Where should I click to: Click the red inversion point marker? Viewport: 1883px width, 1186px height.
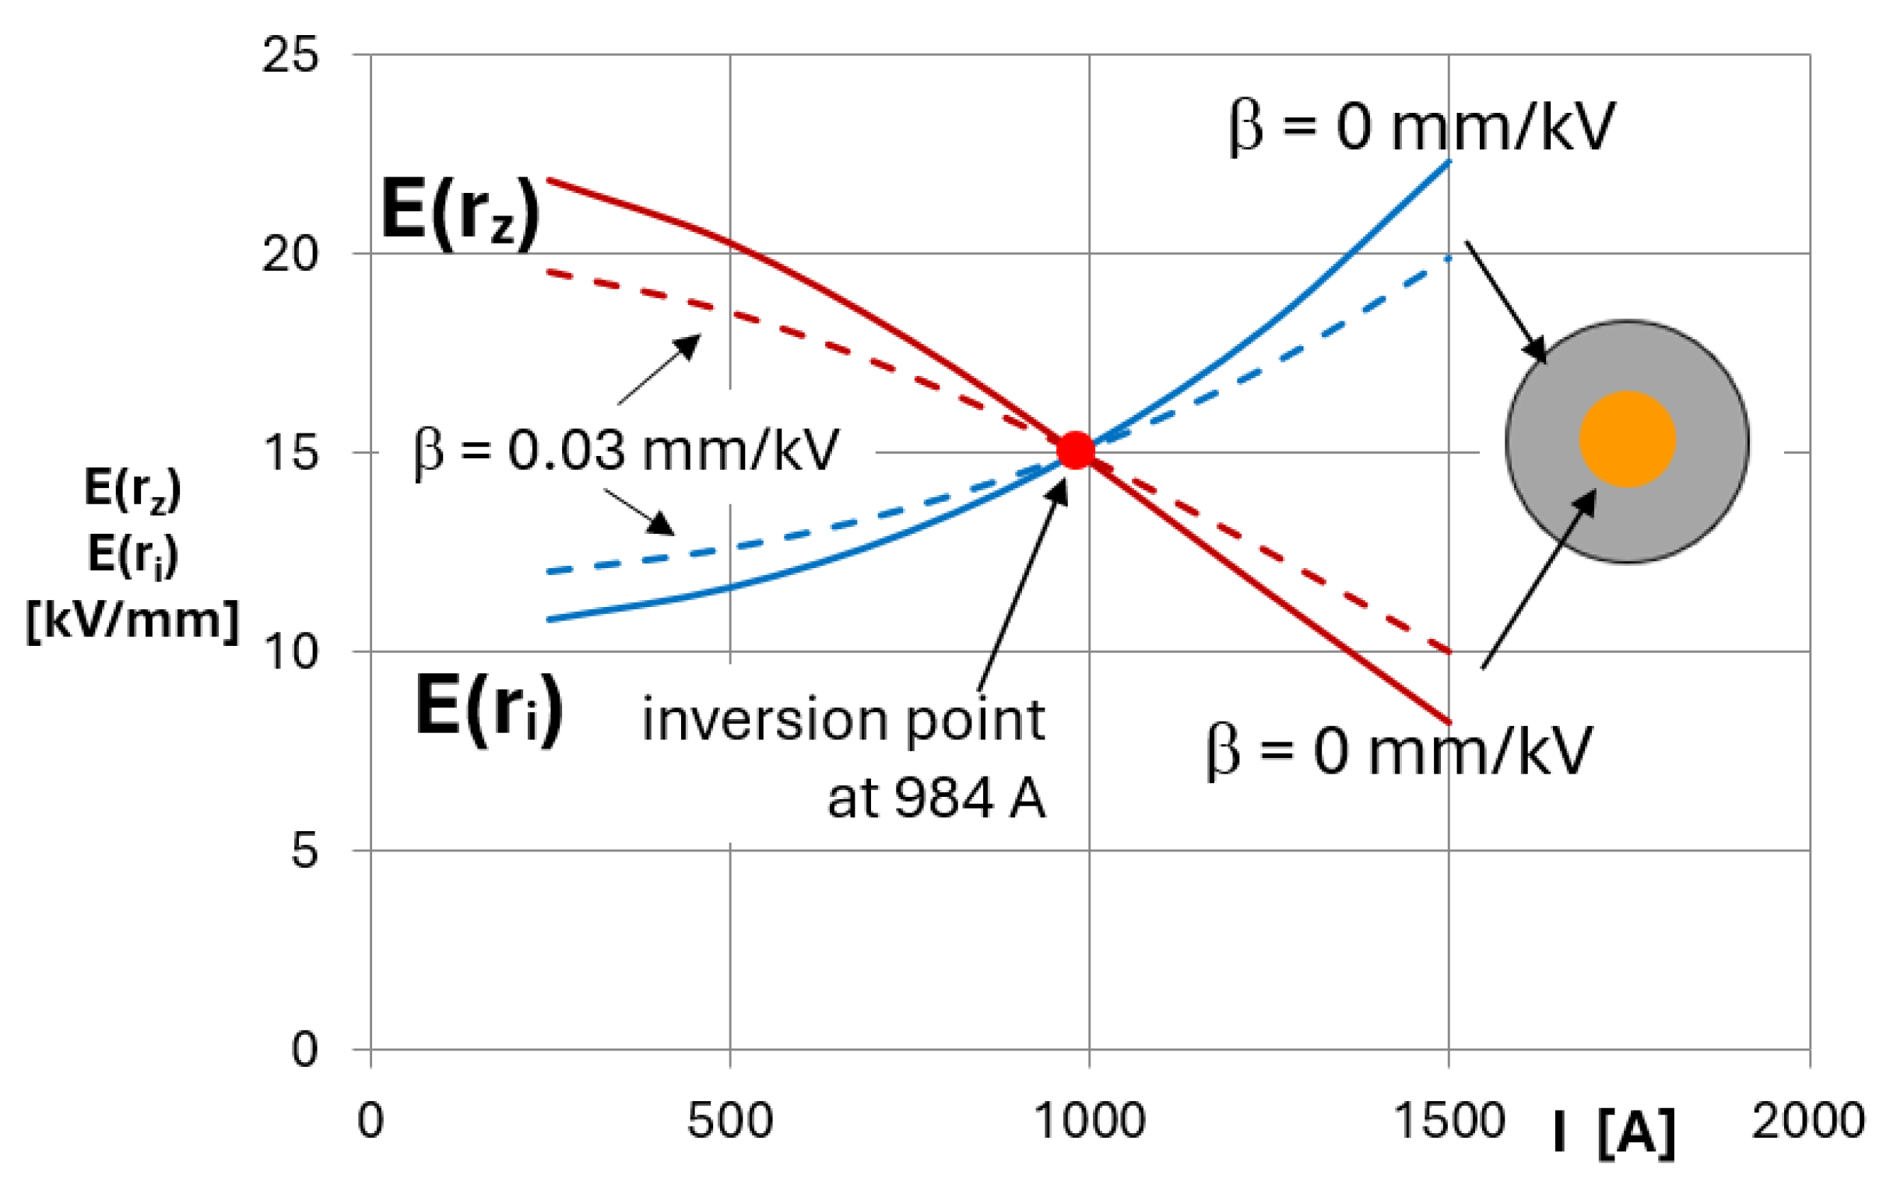[x=1075, y=451]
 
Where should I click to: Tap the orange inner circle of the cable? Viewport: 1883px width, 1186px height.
[x=1628, y=440]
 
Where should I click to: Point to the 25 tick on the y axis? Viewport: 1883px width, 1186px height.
[x=290, y=55]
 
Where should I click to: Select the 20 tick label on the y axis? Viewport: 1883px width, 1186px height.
[x=290, y=254]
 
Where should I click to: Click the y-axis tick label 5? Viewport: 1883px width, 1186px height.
[x=305, y=850]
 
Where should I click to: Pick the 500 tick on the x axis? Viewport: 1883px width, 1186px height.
[x=729, y=1121]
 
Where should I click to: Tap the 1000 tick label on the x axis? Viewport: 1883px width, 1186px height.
[x=1090, y=1121]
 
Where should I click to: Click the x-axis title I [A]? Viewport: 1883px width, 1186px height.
[x=1614, y=1132]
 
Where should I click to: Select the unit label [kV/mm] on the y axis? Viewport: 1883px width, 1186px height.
[x=132, y=622]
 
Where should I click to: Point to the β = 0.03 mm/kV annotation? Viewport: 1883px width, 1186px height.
[x=627, y=451]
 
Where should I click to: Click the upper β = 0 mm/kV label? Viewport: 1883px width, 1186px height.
[x=1421, y=127]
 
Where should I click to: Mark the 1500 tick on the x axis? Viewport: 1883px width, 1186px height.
[x=1449, y=1121]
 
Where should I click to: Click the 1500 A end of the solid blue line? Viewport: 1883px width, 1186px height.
[x=1449, y=163]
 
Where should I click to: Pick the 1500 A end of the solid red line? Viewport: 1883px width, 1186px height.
[x=1449, y=721]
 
